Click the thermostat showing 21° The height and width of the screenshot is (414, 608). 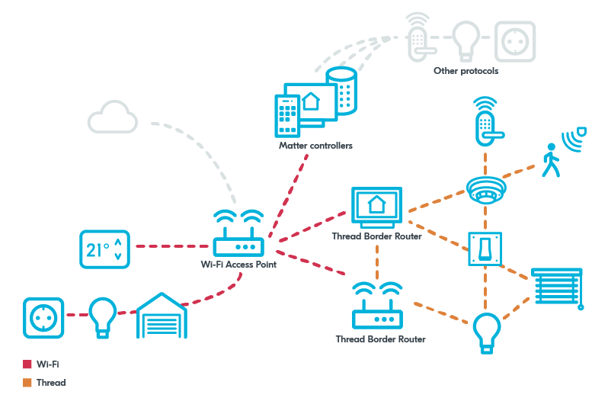(x=104, y=249)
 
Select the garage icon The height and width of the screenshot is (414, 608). (x=161, y=316)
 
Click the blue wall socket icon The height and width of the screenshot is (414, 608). (x=43, y=318)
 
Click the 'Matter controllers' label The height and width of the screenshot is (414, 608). (x=315, y=145)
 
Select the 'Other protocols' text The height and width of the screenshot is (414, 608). (x=466, y=71)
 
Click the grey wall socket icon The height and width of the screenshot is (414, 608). (x=515, y=41)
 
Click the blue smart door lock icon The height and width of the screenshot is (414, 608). (x=485, y=120)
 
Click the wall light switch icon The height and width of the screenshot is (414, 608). (x=485, y=249)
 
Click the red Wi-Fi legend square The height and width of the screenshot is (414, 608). (x=27, y=364)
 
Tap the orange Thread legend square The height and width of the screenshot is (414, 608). (x=27, y=383)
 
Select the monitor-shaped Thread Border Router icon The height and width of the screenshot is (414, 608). (x=376, y=207)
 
